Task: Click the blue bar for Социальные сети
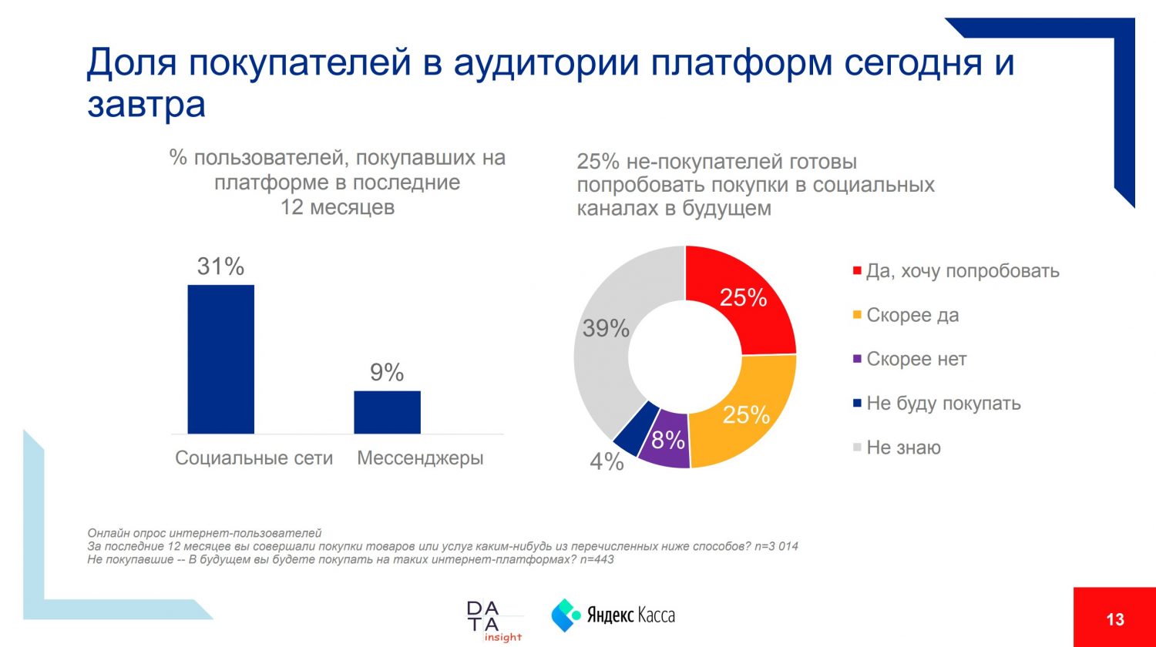[x=220, y=359]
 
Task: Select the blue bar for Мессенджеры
[x=387, y=412]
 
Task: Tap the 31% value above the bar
[x=220, y=267]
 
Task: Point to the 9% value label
[x=387, y=373]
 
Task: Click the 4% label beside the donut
[x=607, y=461]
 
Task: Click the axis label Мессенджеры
[x=421, y=458]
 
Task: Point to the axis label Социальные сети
[x=254, y=458]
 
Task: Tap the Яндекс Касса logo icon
[x=566, y=615]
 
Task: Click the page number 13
[x=1114, y=619]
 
